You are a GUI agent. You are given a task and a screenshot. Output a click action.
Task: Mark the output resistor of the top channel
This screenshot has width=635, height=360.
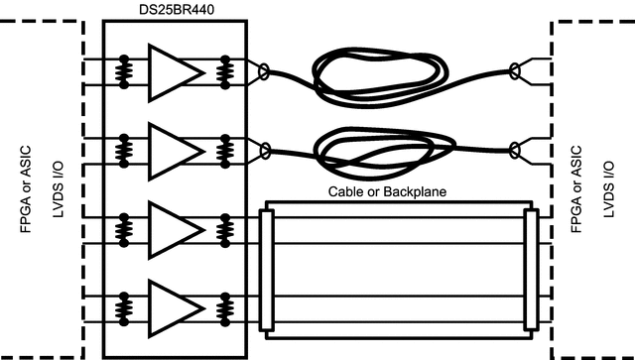point(227,70)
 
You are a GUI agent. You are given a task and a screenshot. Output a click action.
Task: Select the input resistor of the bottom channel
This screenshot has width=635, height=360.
point(124,306)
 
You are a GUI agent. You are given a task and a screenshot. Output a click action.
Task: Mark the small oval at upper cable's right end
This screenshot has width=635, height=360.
point(514,70)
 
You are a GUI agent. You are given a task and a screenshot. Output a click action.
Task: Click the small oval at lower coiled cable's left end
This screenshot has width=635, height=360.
point(264,150)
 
